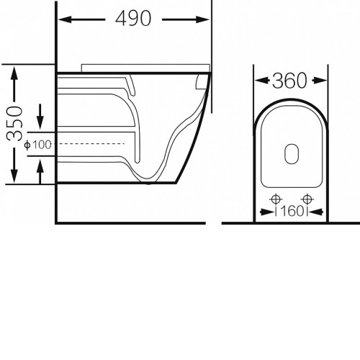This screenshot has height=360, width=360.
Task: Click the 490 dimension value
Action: click(x=133, y=19)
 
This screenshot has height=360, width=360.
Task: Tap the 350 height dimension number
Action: click(x=14, y=124)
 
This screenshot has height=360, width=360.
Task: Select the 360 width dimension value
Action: click(x=289, y=81)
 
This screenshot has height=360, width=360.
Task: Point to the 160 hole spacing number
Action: click(x=292, y=211)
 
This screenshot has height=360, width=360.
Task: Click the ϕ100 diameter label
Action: click(x=38, y=145)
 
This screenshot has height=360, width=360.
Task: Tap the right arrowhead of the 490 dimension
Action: click(x=202, y=19)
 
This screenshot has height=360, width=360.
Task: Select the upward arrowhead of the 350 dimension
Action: click(x=14, y=73)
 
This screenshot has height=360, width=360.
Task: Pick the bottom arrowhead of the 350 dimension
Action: click(x=14, y=176)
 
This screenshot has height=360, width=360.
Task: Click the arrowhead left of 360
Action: click(x=261, y=81)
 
